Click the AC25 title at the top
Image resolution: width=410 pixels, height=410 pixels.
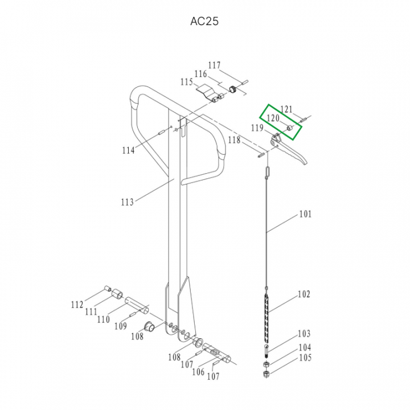(204, 21)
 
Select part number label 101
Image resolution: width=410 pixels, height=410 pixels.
(305, 214)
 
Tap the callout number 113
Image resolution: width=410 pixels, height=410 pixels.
(127, 202)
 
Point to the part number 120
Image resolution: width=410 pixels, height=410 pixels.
(273, 118)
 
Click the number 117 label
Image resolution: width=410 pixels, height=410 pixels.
(215, 65)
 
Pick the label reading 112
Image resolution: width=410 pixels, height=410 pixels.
(77, 305)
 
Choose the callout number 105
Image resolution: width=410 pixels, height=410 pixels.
(305, 358)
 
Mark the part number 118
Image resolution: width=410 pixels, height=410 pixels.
(234, 140)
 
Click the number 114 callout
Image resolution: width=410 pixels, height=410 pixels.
(128, 150)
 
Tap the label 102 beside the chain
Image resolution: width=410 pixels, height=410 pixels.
(304, 294)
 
